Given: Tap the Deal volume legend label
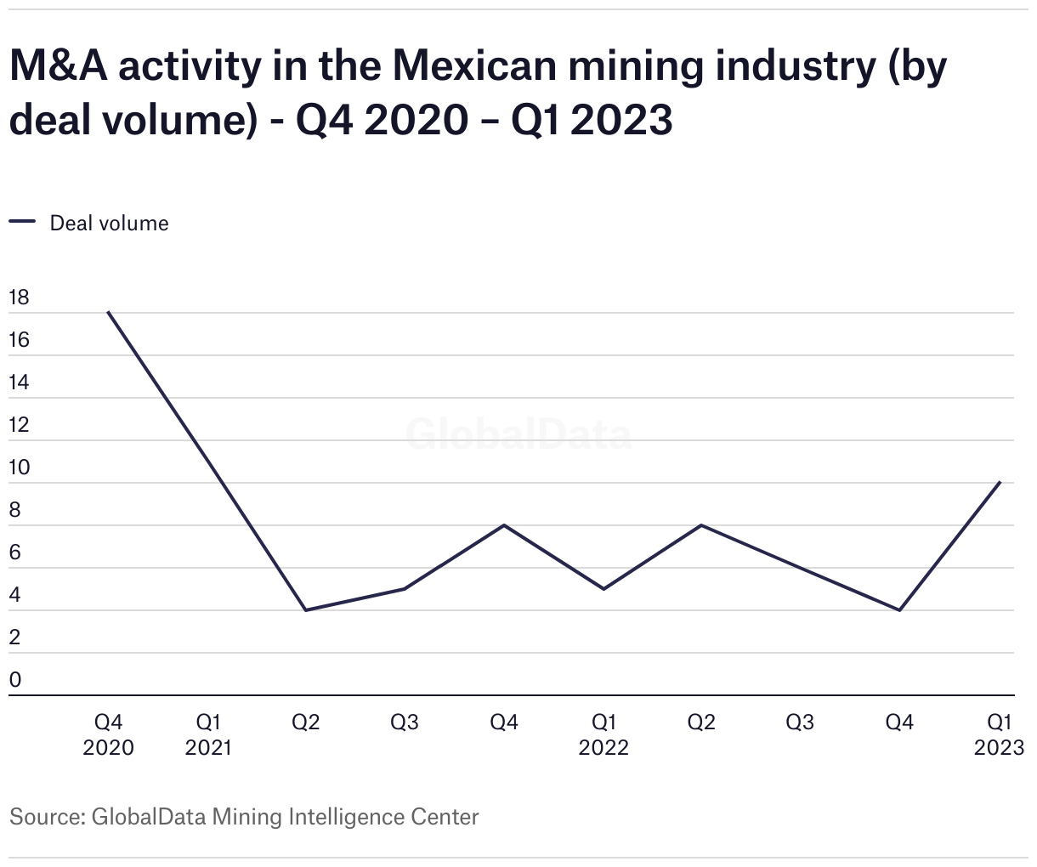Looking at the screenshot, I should coord(109,224).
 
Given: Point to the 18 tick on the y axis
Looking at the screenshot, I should coord(18,297).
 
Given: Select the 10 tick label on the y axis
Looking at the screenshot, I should coord(18,467).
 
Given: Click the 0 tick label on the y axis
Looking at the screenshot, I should coord(14,680).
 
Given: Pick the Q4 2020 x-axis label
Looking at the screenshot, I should coord(108,734).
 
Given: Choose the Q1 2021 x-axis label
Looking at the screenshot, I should coord(208,734).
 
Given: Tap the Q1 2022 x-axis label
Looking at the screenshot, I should coord(603,734).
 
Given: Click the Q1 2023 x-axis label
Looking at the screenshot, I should coord(999,734).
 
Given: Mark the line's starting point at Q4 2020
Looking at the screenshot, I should coord(108,312).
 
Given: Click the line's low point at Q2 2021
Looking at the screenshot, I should coord(305,610).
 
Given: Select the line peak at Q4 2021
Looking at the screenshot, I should coord(504,525).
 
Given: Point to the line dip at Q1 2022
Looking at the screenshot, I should coord(603,589).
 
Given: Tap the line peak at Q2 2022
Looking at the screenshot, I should coord(701,525).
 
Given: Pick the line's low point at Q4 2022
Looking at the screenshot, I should coord(899,610).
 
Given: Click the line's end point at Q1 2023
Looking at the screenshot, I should coord(1000,482).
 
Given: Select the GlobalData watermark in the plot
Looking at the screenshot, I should coord(518,434).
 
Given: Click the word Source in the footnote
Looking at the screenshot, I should coord(43,817).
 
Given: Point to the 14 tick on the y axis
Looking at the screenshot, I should coord(18,382).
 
